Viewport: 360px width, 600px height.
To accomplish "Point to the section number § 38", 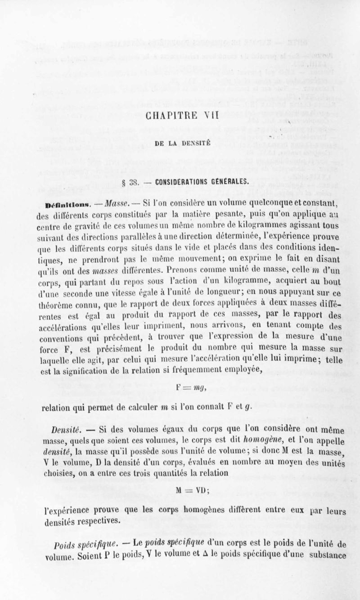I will pyautogui.click(x=125, y=181).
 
